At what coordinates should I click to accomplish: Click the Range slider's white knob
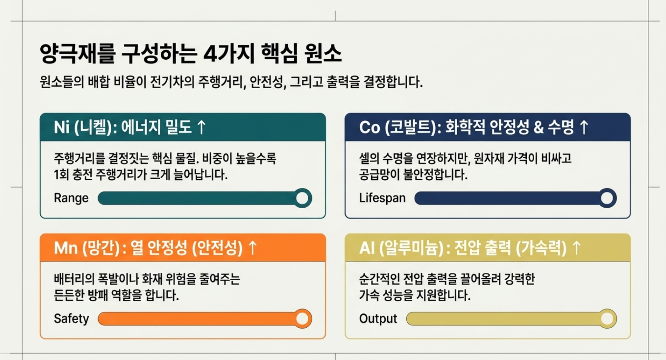click(x=302, y=198)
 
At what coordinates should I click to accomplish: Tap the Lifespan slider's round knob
click(x=607, y=198)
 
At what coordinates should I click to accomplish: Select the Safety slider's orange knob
click(x=302, y=319)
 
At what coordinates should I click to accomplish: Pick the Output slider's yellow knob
click(x=607, y=319)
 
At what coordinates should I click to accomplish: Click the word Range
click(x=71, y=198)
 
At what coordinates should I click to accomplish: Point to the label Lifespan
click(x=382, y=198)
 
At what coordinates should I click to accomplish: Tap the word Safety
click(x=71, y=319)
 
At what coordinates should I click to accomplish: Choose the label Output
click(x=378, y=319)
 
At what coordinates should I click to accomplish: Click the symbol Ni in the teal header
click(x=62, y=127)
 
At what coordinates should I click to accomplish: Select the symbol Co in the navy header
click(x=370, y=127)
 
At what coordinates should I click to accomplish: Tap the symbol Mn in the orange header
click(x=66, y=248)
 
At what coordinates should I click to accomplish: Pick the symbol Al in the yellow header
click(x=367, y=248)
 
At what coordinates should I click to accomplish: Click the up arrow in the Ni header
click(x=201, y=127)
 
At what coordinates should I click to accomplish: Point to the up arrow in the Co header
click(x=584, y=127)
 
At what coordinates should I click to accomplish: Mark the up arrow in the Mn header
click(x=253, y=248)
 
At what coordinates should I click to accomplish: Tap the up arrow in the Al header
click(x=576, y=248)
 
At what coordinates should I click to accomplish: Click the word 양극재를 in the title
click(x=77, y=54)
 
